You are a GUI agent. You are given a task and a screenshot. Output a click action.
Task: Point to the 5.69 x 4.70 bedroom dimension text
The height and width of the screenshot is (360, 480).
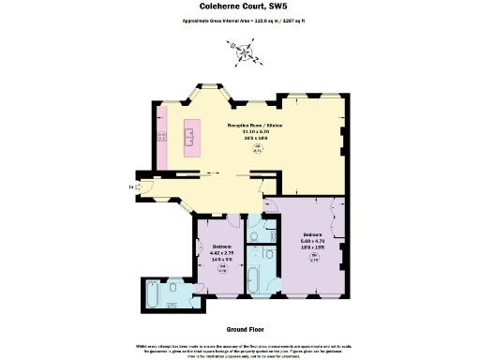[313, 241]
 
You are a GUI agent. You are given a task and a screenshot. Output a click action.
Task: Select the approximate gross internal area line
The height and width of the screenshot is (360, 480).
[239, 21]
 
